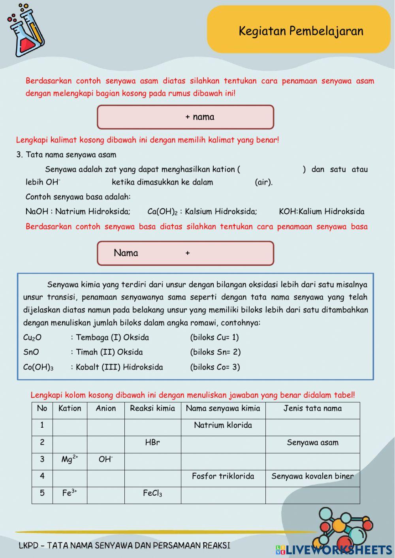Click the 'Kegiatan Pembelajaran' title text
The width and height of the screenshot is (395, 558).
point(301,31)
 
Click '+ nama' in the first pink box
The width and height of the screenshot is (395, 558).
point(200,117)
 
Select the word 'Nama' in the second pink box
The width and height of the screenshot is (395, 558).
point(126,253)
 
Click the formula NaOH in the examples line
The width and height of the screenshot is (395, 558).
point(37,211)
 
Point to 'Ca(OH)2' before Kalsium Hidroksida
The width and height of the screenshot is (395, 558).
point(162,212)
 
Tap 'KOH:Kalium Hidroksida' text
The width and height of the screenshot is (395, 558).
point(322,211)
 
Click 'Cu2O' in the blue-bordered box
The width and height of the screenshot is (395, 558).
point(32,338)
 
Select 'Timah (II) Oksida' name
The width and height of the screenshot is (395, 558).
point(109,352)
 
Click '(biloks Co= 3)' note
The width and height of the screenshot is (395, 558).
point(215,367)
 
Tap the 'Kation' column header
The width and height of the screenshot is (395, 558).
point(70,408)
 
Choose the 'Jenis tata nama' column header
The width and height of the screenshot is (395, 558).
point(312,408)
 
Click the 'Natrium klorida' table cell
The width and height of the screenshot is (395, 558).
point(223,425)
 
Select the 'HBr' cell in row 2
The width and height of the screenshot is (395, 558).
point(152,442)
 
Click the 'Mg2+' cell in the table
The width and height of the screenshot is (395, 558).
point(70,459)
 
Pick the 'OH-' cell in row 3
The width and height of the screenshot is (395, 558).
point(105,459)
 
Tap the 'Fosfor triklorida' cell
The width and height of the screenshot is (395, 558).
point(223,476)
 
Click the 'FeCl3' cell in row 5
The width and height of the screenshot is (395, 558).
point(152,493)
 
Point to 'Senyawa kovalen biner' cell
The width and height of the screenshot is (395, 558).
point(312,476)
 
